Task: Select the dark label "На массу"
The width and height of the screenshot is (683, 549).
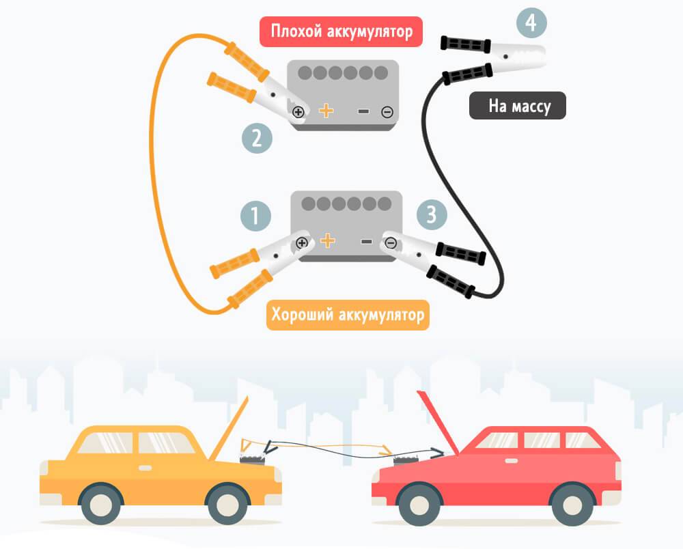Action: click(518, 106)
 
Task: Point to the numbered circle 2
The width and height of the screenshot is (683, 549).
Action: click(257, 139)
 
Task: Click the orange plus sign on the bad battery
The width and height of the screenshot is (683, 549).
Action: click(326, 111)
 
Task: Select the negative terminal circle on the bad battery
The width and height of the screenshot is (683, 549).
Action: click(387, 112)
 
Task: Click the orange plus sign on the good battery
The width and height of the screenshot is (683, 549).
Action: click(328, 240)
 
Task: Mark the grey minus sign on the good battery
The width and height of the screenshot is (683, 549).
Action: click(366, 241)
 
